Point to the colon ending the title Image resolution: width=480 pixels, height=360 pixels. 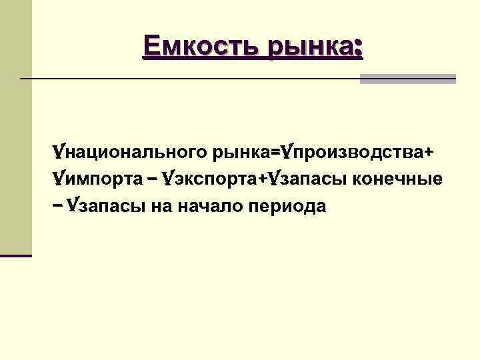(359, 48)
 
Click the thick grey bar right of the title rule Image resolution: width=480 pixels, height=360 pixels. (407, 79)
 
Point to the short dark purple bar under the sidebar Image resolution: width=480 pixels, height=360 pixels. (16, 255)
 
